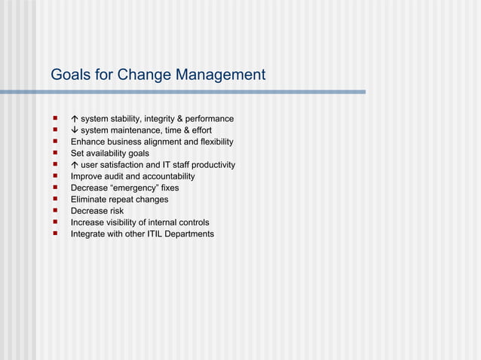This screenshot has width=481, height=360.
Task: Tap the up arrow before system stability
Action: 75,119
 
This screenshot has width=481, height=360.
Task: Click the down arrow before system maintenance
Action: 75,130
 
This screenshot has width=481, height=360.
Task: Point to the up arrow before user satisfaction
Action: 75,165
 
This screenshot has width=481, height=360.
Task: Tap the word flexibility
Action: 213,142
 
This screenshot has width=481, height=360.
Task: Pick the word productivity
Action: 212,165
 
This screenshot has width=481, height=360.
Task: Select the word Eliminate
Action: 90,200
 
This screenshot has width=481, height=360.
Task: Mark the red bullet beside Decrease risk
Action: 55,211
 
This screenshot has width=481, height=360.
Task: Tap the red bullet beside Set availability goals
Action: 55,154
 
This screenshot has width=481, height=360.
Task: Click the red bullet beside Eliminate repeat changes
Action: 55,200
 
